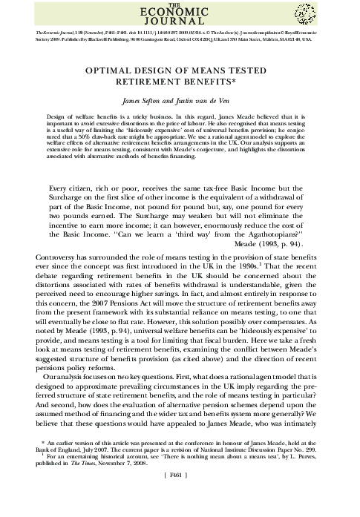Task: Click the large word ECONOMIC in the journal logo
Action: point(180,13)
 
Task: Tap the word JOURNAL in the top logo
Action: point(180,24)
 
